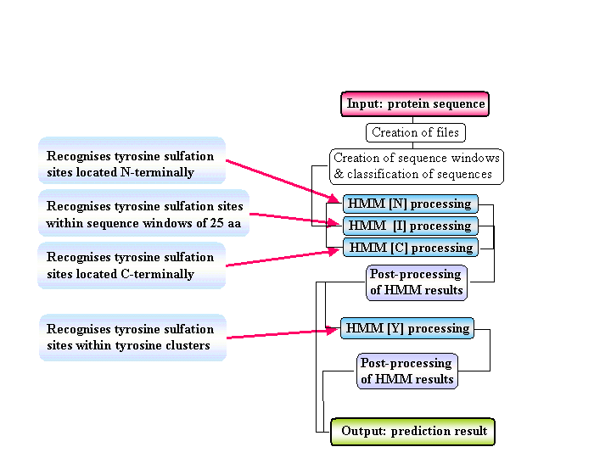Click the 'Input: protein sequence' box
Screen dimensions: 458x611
[x=416, y=104]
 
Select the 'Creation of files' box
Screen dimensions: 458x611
[x=416, y=132]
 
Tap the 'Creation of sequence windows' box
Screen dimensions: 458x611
[x=416, y=166]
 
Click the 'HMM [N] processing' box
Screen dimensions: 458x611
[x=411, y=204]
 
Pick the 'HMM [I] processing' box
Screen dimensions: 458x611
[x=411, y=226]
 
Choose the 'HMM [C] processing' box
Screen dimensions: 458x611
[x=411, y=248]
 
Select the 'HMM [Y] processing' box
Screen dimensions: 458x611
[x=407, y=328]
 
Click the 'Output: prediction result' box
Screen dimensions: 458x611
[x=413, y=431]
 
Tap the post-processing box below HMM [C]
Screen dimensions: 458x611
[x=416, y=282]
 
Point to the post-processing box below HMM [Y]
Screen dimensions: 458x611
[x=407, y=371]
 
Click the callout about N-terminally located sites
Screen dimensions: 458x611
[x=132, y=164]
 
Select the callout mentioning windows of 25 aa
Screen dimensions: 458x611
[x=143, y=215]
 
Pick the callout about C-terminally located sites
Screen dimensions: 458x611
[x=132, y=265]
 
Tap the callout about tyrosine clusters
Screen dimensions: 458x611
[x=132, y=338]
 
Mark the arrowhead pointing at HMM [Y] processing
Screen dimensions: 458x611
[x=336, y=331]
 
